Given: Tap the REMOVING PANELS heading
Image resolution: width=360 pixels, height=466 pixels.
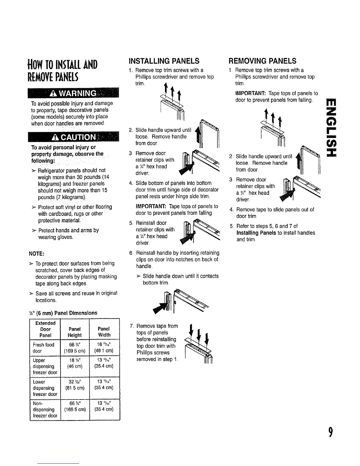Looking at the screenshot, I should (x=263, y=61).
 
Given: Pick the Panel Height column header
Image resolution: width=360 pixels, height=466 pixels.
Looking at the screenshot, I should (x=74, y=332).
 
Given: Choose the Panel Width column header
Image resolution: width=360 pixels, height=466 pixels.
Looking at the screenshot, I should (x=104, y=332).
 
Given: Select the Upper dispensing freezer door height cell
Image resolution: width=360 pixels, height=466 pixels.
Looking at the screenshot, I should (x=74, y=363).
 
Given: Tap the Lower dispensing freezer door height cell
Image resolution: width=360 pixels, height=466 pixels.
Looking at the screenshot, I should (x=74, y=385).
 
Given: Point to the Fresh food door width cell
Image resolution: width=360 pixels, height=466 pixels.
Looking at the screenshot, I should (x=104, y=348).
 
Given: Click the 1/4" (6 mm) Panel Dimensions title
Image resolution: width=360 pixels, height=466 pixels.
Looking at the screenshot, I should (x=64, y=313).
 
